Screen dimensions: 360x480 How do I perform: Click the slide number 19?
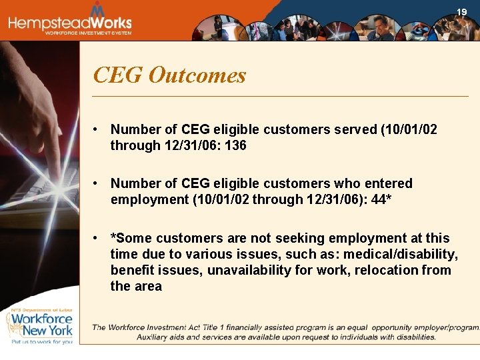(461, 12)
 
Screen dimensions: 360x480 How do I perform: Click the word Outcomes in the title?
(197, 75)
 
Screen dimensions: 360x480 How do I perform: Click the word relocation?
(392, 270)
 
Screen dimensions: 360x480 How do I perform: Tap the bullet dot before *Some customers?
(97, 238)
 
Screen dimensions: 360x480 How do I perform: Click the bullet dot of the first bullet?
(97, 129)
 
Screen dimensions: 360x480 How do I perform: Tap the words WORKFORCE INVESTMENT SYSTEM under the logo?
(88, 33)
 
